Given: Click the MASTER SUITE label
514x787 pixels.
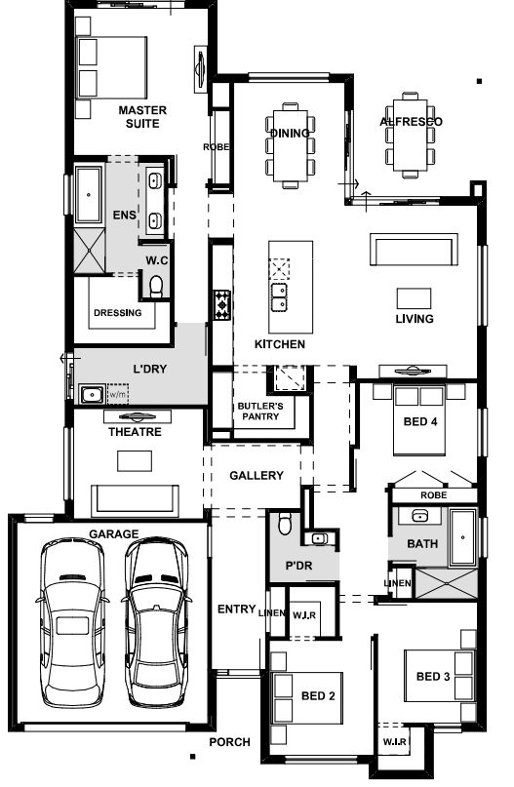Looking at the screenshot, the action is click(142, 117).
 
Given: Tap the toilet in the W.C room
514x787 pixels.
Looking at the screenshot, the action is click(157, 286).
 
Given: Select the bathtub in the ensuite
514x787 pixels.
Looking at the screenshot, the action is click(89, 195).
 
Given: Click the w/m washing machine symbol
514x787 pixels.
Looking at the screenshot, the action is click(118, 394).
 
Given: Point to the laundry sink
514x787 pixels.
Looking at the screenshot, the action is click(93, 394).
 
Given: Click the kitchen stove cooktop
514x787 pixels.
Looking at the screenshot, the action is click(221, 304).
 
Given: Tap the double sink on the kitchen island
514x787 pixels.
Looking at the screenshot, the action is click(279, 296).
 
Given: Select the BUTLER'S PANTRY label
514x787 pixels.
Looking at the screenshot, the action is click(260, 412).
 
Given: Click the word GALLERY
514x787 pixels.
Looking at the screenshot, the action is click(257, 475).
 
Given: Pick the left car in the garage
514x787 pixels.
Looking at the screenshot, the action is click(72, 622).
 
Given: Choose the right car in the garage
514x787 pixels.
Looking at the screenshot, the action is click(156, 622).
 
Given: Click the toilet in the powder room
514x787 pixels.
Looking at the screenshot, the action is click(285, 524).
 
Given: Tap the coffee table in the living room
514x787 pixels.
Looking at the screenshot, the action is click(415, 298).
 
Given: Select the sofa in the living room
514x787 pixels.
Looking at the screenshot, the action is click(415, 249).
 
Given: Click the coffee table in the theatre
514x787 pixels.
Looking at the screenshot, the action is click(135, 460).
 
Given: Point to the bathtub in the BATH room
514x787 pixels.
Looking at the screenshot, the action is click(463, 537).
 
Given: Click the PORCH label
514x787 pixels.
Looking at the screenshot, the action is click(229, 742).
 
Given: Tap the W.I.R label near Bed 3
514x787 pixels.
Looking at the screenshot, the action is click(395, 741).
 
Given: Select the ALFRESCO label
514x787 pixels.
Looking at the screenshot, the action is click(411, 122).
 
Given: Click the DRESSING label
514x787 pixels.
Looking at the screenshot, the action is click(118, 313).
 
